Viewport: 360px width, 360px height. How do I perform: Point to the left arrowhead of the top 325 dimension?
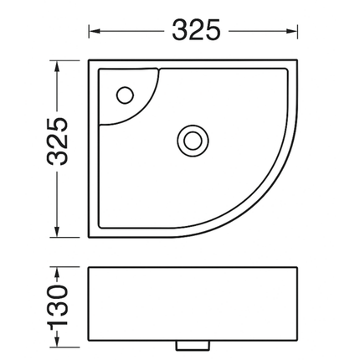[x=93, y=31]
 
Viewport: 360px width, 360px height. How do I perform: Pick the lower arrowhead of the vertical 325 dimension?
[x=57, y=236]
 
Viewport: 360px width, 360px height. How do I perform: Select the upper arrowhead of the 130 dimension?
[x=57, y=270]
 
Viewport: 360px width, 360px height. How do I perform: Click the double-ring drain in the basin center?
[x=192, y=137]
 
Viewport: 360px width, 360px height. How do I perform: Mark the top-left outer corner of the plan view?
[x=88, y=59]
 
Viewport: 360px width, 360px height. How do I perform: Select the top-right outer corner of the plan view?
[x=297, y=59]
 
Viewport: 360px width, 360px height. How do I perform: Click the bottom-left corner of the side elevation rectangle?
[x=88, y=341]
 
